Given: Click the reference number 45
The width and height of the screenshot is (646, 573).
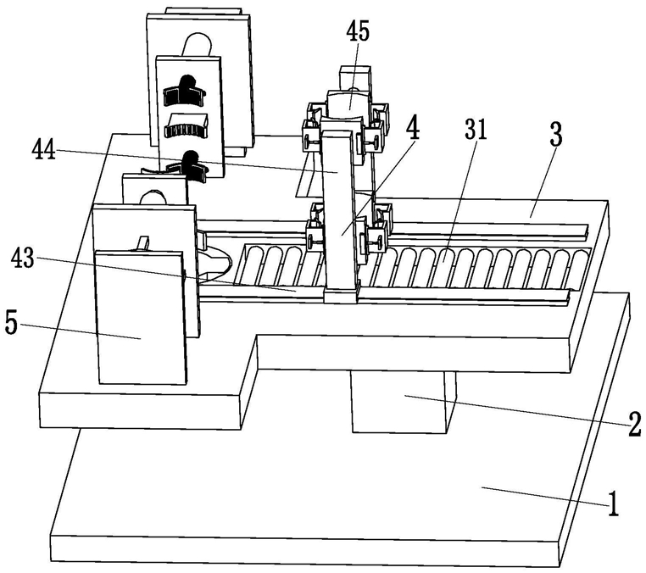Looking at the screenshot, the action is [358, 31].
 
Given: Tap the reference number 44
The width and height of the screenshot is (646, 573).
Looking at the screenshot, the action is [44, 150].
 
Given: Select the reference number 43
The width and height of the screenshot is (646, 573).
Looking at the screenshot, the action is [23, 259].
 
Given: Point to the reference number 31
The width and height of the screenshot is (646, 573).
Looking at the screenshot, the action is [476, 130].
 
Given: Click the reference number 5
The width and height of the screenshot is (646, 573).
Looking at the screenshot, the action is [12, 324].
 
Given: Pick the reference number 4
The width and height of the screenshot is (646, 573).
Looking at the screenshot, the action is [412, 129].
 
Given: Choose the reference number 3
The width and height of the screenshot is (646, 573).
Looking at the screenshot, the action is [556, 136].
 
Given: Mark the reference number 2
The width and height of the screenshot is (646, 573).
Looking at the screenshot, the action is [634, 425].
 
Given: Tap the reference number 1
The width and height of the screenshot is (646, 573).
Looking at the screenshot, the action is [614, 503].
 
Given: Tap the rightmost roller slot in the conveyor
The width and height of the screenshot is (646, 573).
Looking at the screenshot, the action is [580, 268].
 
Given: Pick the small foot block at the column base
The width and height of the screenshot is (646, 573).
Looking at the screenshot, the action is [341, 296].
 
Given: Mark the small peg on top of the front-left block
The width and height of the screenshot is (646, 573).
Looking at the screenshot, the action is [143, 243].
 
